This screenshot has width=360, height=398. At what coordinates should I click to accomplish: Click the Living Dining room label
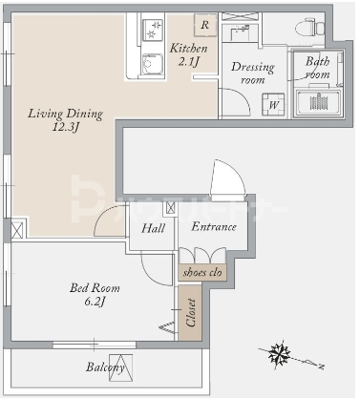pyautogui.click(x=65, y=114)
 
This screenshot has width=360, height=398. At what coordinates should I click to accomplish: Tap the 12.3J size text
pyautogui.click(x=66, y=128)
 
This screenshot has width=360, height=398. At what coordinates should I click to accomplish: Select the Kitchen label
pyautogui.click(x=188, y=49)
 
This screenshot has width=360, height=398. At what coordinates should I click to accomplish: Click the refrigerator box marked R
pyautogui.click(x=205, y=25)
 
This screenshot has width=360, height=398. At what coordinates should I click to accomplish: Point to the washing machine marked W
pyautogui.click(x=273, y=104)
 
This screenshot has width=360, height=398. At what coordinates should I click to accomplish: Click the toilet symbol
pyautogui.click(x=309, y=27)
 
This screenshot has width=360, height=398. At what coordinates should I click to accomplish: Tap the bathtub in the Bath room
pyautogui.click(x=318, y=102)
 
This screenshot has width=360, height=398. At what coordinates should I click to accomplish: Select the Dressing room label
pyautogui.click(x=253, y=73)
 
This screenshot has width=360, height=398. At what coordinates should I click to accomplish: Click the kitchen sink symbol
pyautogui.click(x=153, y=64)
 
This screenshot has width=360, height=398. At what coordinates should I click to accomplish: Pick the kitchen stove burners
pyautogui.click(x=153, y=30)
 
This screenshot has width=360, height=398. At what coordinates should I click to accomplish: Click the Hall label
pyautogui.click(x=153, y=228)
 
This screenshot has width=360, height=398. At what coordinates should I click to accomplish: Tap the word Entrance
pyautogui.click(x=214, y=226)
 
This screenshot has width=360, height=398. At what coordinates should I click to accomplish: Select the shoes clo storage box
pyautogui.click(x=202, y=273)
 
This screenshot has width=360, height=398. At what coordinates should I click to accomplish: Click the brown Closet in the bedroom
pyautogui.click(x=190, y=313)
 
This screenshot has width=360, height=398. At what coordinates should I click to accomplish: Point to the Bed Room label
pyautogui.click(x=95, y=288)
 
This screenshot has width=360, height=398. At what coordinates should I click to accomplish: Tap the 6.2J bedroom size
pyautogui.click(x=95, y=302)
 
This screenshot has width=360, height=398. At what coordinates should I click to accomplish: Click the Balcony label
pyautogui.click(x=105, y=367)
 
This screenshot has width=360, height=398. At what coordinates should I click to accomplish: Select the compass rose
pyautogui.click(x=280, y=353)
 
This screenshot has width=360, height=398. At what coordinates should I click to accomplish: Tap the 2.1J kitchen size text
pyautogui.click(x=188, y=61)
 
